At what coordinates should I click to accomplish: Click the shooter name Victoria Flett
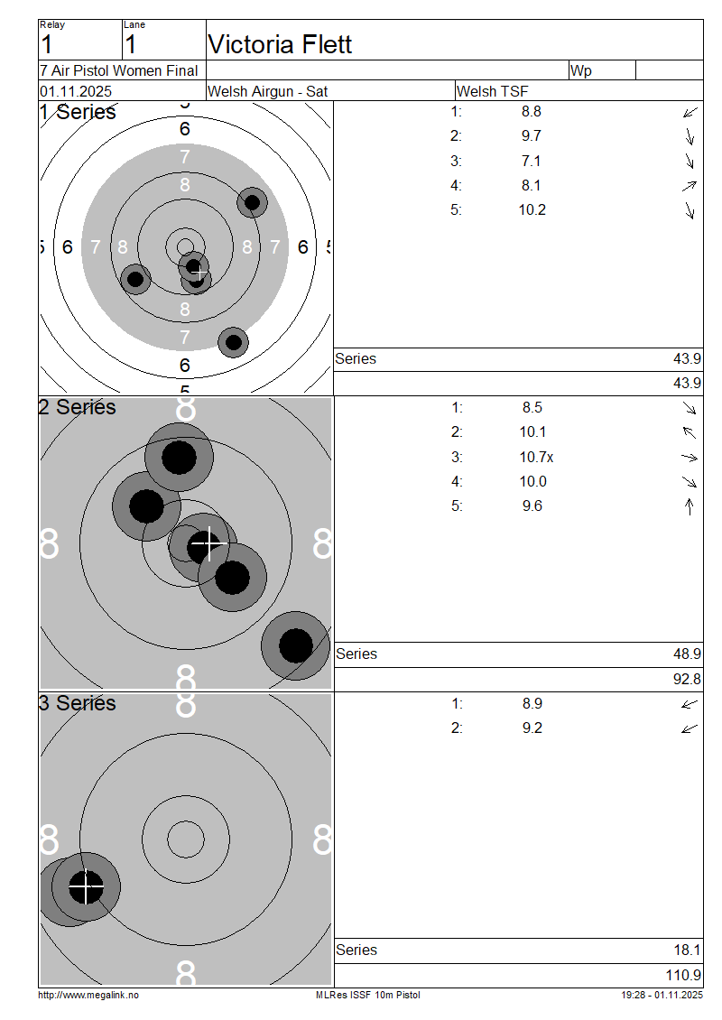[280, 44]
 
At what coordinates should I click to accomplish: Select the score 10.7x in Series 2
[536, 457]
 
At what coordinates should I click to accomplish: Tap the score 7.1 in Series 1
[532, 161]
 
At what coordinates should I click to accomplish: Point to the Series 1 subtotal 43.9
[687, 358]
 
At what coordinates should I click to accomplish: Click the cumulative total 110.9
[684, 975]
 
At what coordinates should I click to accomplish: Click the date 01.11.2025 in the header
[76, 91]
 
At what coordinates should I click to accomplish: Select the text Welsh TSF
[492, 91]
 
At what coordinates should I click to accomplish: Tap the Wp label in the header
[581, 70]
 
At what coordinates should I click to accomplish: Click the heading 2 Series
[78, 407]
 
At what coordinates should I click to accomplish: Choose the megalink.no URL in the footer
[88, 995]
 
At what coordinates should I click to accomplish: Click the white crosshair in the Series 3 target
[86, 886]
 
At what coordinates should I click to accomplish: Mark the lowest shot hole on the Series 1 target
[234, 342]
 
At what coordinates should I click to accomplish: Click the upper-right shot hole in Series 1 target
[253, 202]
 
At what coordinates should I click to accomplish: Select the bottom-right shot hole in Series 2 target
[295, 645]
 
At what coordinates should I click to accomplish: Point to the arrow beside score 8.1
[690, 186]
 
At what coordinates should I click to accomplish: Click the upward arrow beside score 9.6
[690, 506]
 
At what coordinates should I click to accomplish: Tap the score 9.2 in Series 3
[532, 728]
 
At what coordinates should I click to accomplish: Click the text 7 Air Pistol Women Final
[119, 70]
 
